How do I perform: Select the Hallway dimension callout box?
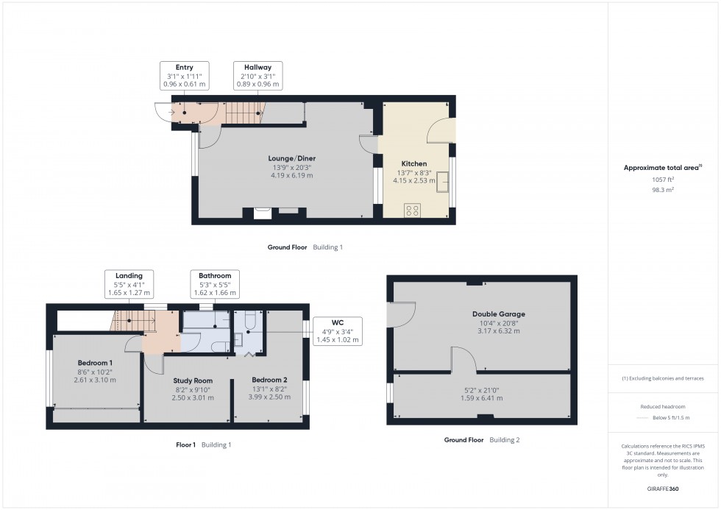click(257, 76)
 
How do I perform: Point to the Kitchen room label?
click(413, 163)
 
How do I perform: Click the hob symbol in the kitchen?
click(413, 210)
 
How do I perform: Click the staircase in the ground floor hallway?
click(243, 113)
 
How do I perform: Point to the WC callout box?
click(338, 331)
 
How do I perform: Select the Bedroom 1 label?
click(95, 363)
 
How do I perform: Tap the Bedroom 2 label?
click(269, 380)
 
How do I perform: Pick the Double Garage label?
click(498, 314)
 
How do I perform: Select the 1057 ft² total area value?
click(663, 179)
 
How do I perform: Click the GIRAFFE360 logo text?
click(663, 489)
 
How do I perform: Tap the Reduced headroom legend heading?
click(663, 407)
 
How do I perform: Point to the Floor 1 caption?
click(185, 445)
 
